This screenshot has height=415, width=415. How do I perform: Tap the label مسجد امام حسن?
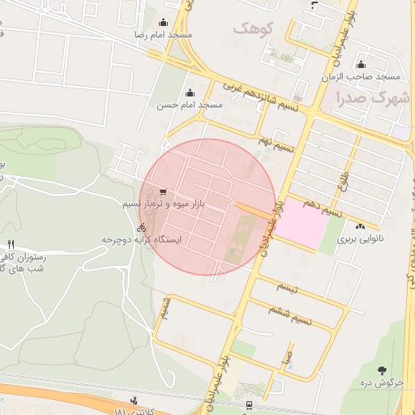tap(190, 105)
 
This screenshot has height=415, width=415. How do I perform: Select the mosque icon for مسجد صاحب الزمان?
tap(361, 65)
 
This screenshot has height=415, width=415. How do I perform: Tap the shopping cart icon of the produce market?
tap(164, 193)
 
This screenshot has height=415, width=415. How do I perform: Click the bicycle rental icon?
tap(143, 228)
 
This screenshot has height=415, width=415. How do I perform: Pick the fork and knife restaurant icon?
tap(11, 244)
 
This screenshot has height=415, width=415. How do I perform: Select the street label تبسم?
tap(288, 287)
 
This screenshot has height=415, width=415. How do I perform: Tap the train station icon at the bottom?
tap(248, 404)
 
